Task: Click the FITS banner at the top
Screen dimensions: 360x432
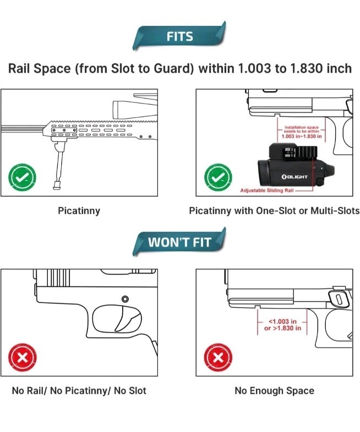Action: click(x=179, y=36)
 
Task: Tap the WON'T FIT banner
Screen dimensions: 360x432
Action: click(x=179, y=242)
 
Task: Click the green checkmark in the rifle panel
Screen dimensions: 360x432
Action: click(x=22, y=178)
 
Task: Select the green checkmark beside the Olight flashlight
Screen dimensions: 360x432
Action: click(x=218, y=178)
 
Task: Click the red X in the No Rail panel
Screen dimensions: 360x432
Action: click(x=23, y=357)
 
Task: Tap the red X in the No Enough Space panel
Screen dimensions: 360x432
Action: click(x=218, y=357)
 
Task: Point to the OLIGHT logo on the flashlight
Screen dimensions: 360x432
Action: click(x=294, y=177)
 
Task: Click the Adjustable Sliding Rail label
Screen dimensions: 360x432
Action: click(x=267, y=190)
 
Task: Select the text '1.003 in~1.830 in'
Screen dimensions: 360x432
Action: click(x=302, y=136)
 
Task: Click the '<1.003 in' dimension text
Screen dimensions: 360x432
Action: click(x=282, y=321)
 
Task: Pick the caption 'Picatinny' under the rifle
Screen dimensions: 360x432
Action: click(x=79, y=211)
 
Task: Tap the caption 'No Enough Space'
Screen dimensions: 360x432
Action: click(x=274, y=391)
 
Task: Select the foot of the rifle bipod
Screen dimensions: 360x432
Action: click(x=58, y=185)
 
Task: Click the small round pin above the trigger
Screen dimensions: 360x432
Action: click(x=125, y=299)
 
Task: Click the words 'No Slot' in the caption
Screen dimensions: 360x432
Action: click(x=130, y=391)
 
